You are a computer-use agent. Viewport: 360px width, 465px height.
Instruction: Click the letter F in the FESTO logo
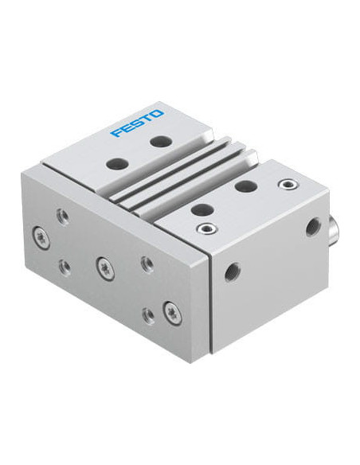(x=115, y=132)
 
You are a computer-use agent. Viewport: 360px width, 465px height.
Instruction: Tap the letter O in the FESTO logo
(x=158, y=114)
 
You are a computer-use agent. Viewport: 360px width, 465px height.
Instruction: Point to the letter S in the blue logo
(x=137, y=123)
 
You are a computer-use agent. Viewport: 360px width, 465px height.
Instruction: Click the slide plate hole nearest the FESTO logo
(x=160, y=140)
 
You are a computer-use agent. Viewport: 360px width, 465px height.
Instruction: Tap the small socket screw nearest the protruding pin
(x=286, y=184)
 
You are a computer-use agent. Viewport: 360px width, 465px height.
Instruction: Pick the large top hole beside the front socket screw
(x=203, y=210)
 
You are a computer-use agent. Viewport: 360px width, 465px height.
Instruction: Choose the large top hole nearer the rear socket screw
(x=245, y=186)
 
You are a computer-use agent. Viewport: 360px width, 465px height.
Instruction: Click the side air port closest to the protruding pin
(x=314, y=224)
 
